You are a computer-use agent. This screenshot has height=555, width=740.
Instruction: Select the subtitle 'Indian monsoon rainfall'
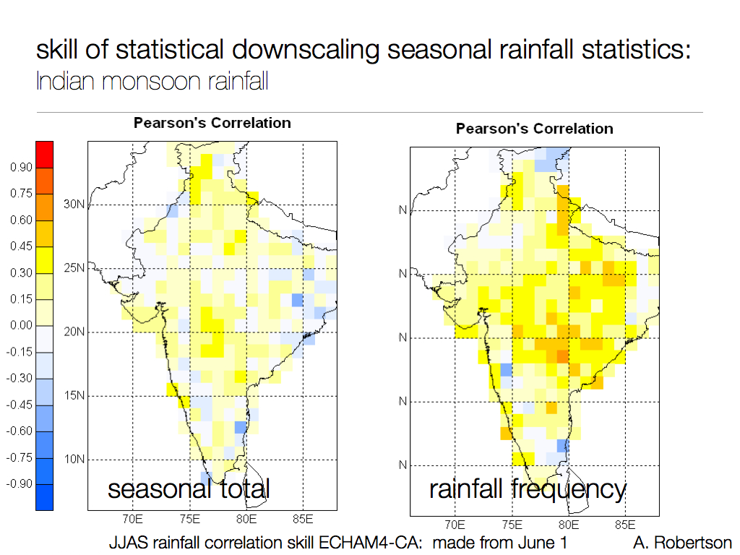[152, 80]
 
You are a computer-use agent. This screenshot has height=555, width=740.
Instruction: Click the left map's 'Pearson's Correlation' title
[212, 123]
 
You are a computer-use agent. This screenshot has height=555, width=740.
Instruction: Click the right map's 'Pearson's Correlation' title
[534, 129]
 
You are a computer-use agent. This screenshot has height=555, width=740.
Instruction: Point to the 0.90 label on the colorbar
[21, 168]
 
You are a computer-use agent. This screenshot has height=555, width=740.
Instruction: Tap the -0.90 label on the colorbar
[20, 483]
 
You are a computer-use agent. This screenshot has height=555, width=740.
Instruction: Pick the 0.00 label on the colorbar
[21, 325]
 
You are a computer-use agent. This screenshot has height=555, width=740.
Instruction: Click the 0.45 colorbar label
[21, 246]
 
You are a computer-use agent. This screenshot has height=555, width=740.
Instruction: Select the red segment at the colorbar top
[44, 155]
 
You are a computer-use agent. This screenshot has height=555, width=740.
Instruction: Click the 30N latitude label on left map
[74, 205]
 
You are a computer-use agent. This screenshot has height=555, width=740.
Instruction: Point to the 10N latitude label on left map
[74, 460]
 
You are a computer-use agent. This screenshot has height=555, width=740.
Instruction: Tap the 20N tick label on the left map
[74, 332]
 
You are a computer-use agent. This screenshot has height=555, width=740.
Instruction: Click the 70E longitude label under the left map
[132, 519]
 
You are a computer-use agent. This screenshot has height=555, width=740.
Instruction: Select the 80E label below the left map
[246, 519]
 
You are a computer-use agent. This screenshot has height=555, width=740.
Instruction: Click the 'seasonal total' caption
[189, 489]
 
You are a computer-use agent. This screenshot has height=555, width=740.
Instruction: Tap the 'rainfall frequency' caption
[528, 489]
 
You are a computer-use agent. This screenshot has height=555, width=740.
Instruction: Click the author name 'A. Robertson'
[682, 542]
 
